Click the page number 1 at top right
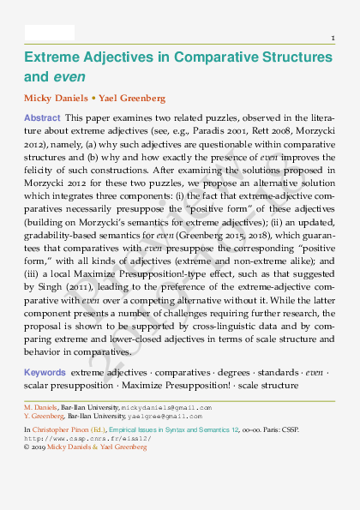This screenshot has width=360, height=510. coord(333,39)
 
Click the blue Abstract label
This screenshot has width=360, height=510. coord(42,117)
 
